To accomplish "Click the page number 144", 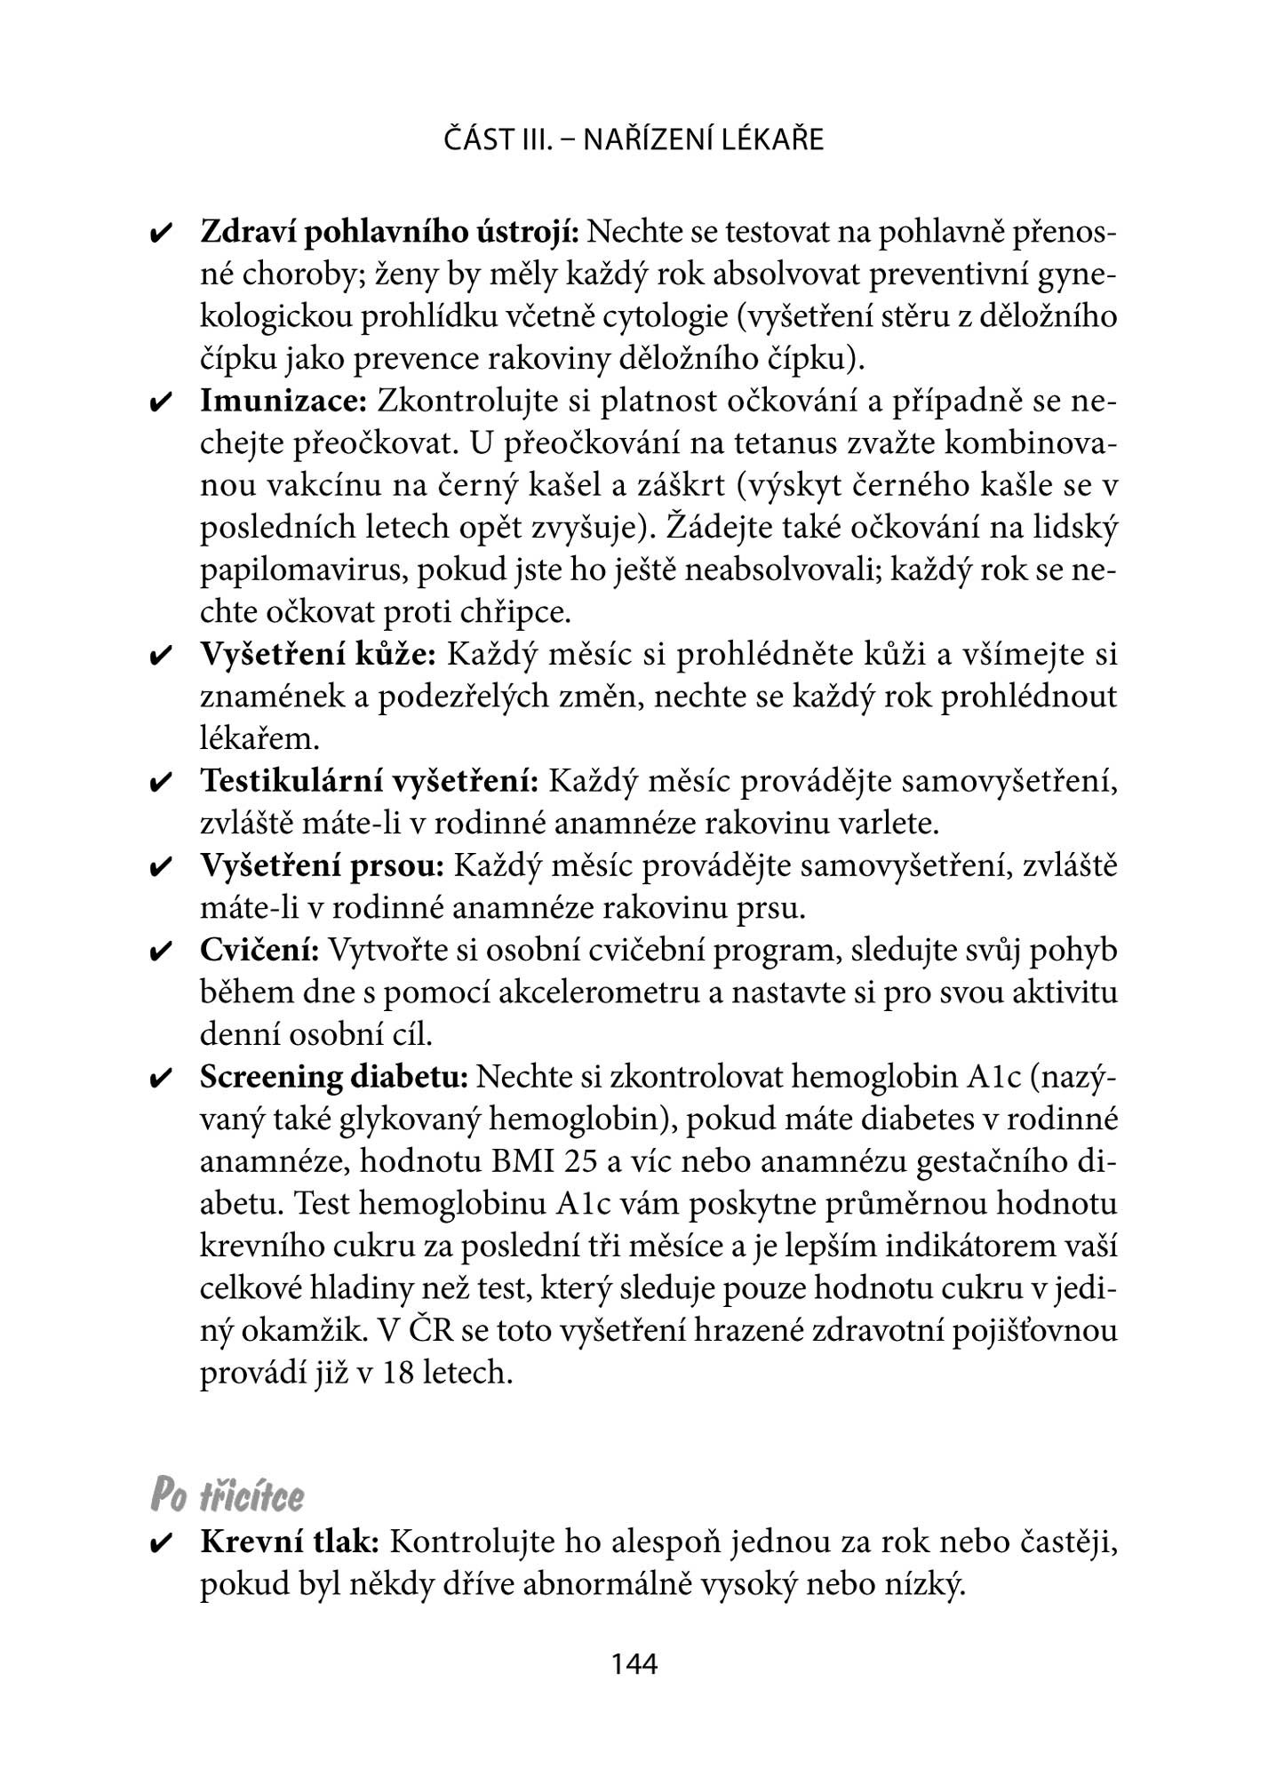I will tap(634, 1663).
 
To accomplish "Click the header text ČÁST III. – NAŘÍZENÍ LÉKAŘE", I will tap(634, 140).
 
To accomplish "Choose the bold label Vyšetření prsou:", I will tap(322, 866).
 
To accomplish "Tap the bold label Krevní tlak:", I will tap(290, 1542).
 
